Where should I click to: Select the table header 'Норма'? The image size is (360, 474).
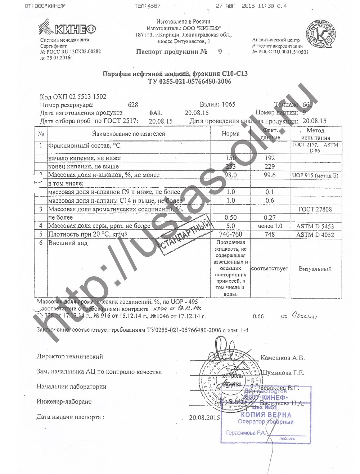[230, 134]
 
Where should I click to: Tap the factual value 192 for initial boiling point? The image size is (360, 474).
[269, 158]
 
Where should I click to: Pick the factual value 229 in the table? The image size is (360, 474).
[269, 166]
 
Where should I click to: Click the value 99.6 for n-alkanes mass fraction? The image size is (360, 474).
[269, 175]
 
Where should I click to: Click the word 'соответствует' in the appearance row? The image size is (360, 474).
[270, 269]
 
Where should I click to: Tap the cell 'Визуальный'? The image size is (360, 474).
[315, 269]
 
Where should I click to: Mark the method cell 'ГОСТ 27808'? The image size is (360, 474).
[315, 209]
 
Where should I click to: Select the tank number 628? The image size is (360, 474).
[133, 105]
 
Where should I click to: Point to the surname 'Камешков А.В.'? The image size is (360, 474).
[282, 358]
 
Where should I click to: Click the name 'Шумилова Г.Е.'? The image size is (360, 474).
[282, 373]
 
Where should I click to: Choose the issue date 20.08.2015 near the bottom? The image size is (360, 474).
[204, 418]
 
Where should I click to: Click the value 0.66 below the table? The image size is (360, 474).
[258, 316]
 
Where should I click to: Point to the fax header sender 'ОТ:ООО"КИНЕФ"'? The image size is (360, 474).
[46, 6]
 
